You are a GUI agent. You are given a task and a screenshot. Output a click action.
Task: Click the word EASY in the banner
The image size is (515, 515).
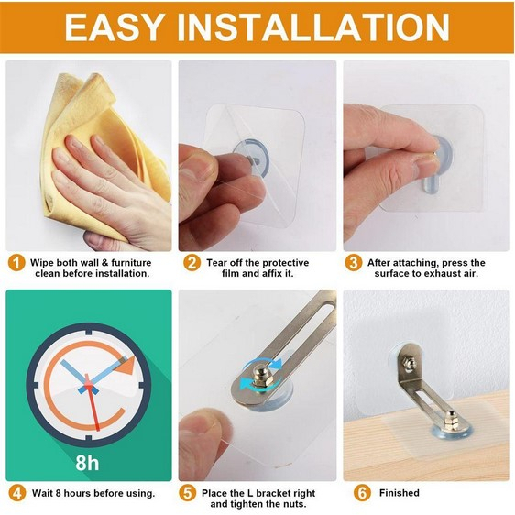pos(113,27)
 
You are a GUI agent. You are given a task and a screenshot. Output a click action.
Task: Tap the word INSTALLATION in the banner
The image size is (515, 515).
pos(313,27)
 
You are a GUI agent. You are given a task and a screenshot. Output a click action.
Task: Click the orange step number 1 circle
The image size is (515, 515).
pos(16,263)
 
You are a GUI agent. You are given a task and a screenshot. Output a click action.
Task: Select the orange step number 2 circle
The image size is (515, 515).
pos(192,263)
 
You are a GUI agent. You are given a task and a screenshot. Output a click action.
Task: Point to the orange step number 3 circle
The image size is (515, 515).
pos(354,263)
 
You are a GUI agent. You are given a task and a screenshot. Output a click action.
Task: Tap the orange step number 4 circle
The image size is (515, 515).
pos(16,493)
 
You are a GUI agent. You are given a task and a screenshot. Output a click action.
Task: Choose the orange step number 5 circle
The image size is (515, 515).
pos(188,493)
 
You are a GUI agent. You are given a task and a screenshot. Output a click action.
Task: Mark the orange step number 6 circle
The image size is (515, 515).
pos(362,493)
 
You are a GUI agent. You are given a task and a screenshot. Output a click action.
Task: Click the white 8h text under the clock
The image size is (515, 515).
pos(87,462)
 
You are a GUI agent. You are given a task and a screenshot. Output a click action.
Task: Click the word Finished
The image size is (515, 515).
pos(399,493)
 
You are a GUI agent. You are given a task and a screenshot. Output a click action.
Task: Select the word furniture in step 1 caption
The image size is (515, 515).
pos(131,263)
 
